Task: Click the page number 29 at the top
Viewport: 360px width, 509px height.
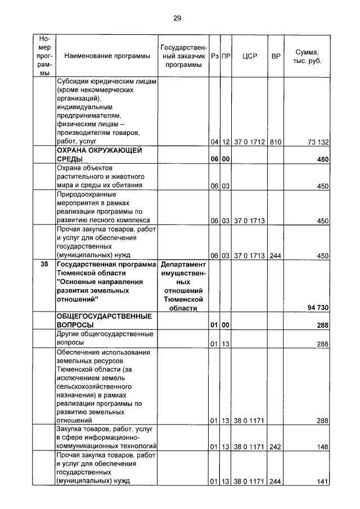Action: pos(177,18)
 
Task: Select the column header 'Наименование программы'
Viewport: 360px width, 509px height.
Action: pos(107,56)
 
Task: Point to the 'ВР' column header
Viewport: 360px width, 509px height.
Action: pos(276,56)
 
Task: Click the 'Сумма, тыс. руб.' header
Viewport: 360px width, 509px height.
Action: pos(307,56)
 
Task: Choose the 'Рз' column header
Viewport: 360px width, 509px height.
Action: pos(214,56)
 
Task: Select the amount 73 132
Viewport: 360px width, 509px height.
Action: pos(316,142)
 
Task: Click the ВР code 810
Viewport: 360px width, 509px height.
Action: pos(275,142)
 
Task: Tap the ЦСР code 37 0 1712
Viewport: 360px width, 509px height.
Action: pos(249,142)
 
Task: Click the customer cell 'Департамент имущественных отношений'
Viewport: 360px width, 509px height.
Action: pos(183,286)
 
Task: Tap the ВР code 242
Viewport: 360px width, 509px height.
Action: pos(275,447)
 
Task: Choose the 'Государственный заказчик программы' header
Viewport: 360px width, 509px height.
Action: pos(183,56)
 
